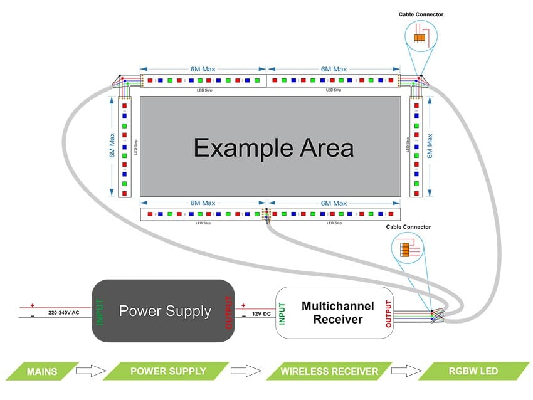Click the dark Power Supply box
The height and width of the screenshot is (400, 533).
click(x=164, y=311)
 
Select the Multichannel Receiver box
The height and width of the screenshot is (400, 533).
click(x=337, y=312)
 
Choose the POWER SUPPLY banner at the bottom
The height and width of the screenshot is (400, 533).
click(x=167, y=371)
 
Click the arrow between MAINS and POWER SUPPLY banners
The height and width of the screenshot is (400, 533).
click(x=88, y=371)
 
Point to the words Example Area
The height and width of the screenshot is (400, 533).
click(x=273, y=148)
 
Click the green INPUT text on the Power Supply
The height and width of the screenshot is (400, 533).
click(x=100, y=311)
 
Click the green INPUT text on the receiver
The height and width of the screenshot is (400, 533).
click(x=283, y=312)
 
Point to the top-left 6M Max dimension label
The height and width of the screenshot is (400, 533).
click(x=203, y=69)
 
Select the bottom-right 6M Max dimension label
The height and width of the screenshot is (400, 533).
click(x=333, y=203)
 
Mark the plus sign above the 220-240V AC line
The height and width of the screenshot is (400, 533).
click(x=33, y=305)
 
